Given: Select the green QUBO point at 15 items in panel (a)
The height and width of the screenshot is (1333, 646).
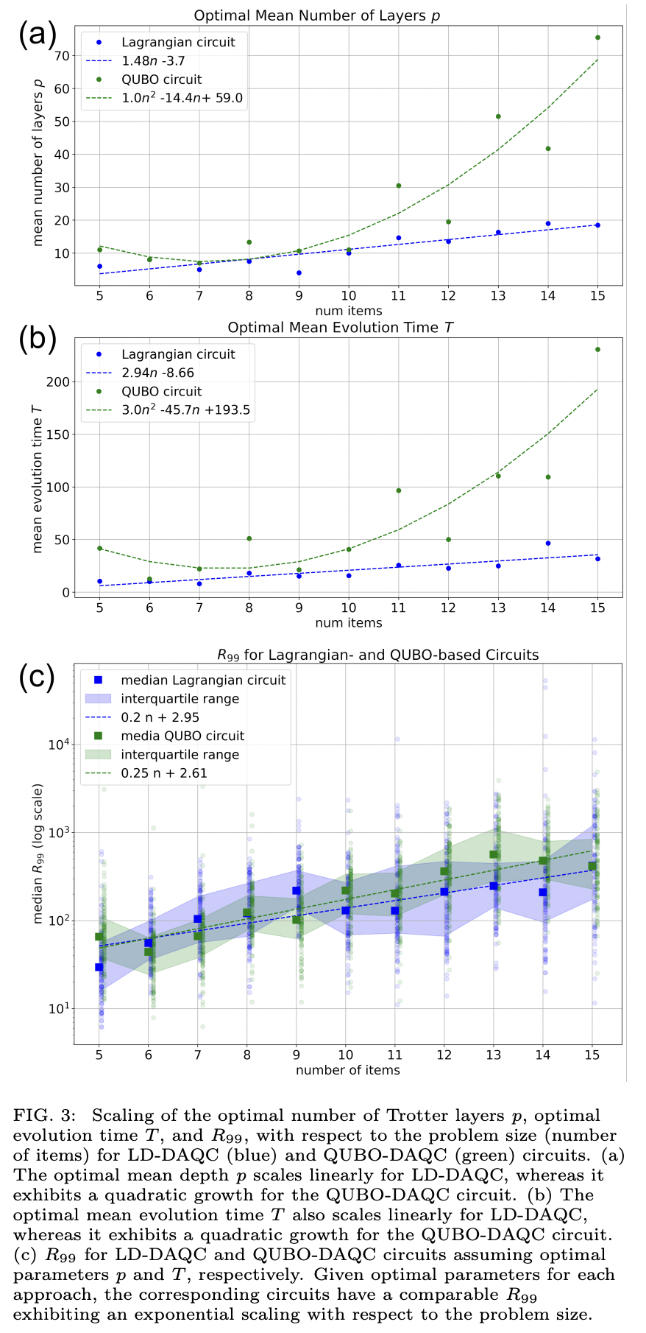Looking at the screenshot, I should (x=597, y=38).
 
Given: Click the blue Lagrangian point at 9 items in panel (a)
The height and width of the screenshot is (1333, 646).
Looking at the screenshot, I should (x=299, y=273).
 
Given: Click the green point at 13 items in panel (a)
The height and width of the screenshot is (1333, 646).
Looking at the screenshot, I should (x=498, y=116).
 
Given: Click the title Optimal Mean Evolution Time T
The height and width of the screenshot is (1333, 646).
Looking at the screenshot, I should (x=340, y=328).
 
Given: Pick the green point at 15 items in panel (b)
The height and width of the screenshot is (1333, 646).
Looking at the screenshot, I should (x=597, y=350).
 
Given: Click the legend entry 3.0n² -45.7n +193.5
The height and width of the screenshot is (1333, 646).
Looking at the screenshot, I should (x=187, y=410).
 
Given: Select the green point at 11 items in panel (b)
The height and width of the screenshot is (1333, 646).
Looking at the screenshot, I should (x=398, y=490).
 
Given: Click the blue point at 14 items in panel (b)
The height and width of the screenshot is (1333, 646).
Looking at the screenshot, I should (x=547, y=544).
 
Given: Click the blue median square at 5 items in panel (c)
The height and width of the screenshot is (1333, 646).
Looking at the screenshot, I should (x=99, y=967).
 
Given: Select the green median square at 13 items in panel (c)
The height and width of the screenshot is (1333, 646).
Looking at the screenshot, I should (x=494, y=855).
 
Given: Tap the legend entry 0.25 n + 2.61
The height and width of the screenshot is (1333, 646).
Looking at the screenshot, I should (x=164, y=773).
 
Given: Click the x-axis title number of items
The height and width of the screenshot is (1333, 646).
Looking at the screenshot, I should (x=348, y=1070).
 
